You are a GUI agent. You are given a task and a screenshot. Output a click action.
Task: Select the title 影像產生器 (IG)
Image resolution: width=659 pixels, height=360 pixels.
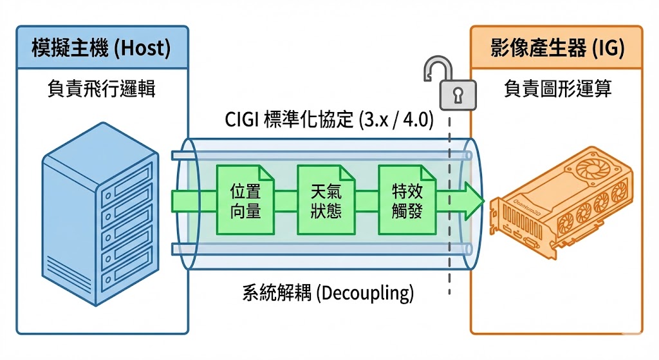pos(557,49)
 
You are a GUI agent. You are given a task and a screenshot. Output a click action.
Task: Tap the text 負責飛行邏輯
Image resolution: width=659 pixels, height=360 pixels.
pos(102,89)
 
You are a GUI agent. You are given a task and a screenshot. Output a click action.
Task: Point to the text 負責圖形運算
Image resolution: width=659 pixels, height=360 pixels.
pos(557,89)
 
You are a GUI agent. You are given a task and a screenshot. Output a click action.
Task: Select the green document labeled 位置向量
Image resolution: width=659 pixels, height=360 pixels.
pos(245,200)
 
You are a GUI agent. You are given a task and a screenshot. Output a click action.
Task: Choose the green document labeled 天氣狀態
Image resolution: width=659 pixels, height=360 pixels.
pos(326,200)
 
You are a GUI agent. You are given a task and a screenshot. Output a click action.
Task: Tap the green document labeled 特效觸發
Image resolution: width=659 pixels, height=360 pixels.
pos(407,200)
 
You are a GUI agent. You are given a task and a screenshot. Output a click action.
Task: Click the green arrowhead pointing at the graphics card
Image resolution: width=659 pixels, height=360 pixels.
pos(473,200)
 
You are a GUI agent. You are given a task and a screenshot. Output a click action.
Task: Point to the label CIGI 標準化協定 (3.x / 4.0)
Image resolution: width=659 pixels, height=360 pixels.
pos(329,120)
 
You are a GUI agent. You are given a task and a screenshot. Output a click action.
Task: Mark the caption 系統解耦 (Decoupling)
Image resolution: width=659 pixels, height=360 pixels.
pos(328,293)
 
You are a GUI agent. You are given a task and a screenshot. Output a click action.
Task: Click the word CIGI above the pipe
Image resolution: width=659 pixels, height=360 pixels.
pos(243,120)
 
